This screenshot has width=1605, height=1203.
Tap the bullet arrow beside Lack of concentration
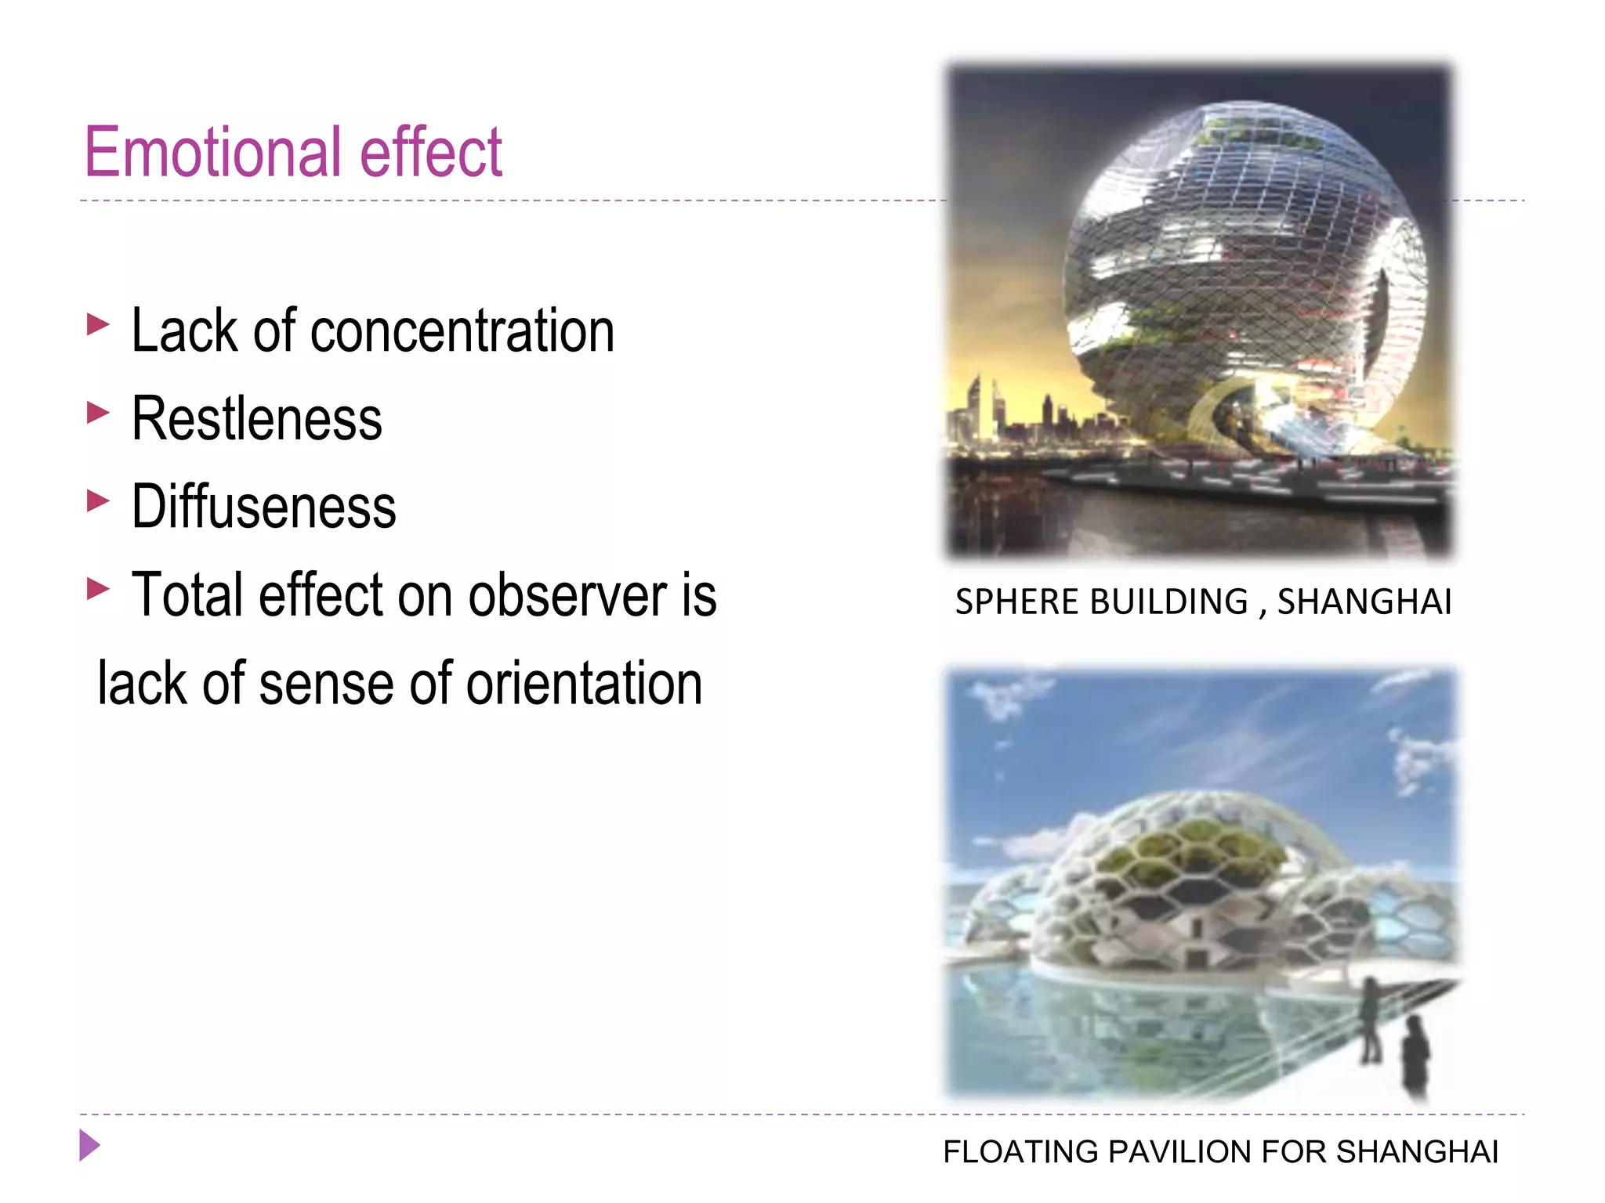coord(97,324)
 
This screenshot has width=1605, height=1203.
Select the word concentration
coord(462,331)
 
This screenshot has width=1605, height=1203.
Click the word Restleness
coord(256,419)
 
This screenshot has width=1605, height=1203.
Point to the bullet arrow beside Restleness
coord(97,412)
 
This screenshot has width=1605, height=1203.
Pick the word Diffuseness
coord(263,508)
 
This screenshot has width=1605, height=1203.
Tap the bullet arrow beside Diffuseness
coord(97,500)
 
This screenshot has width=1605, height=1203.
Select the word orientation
coord(584,684)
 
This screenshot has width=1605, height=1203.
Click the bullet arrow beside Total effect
coord(97,588)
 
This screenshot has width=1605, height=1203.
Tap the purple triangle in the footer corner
coord(89,1146)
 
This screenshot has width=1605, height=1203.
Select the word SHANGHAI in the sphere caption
coord(1364,602)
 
